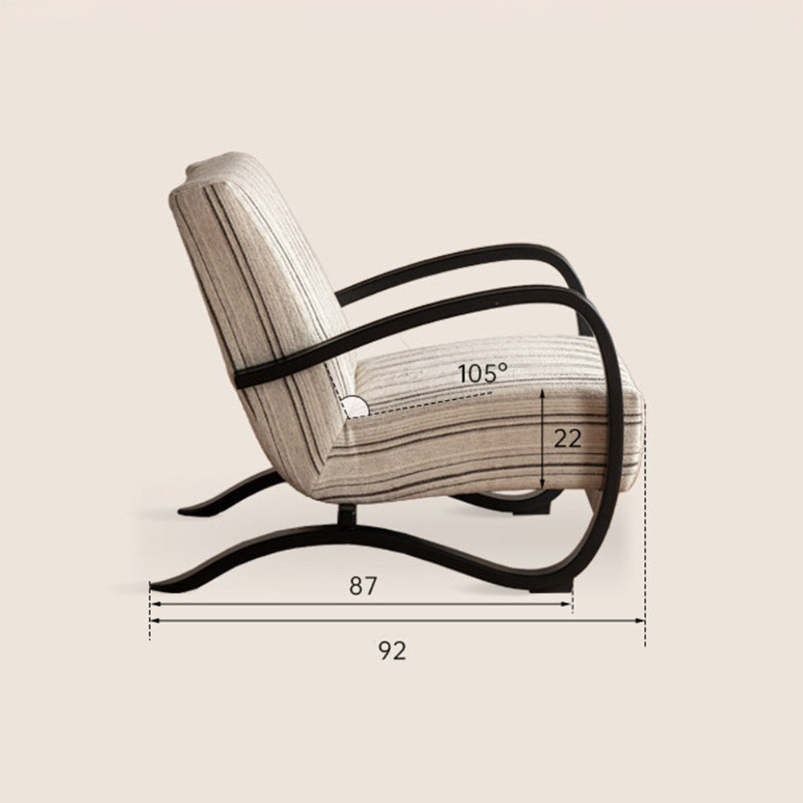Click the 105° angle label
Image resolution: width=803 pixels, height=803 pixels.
tap(483, 373)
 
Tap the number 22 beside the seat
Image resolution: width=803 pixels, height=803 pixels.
tap(568, 438)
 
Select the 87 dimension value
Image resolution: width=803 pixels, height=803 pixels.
tap(362, 586)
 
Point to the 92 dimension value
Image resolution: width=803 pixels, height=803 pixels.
tap(393, 650)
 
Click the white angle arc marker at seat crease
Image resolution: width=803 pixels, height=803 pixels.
tap(354, 406)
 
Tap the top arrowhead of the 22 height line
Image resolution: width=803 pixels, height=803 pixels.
tap(544, 393)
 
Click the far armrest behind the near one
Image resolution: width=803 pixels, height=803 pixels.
tap(450, 261)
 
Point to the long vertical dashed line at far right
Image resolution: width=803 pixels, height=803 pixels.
tap(645, 522)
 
